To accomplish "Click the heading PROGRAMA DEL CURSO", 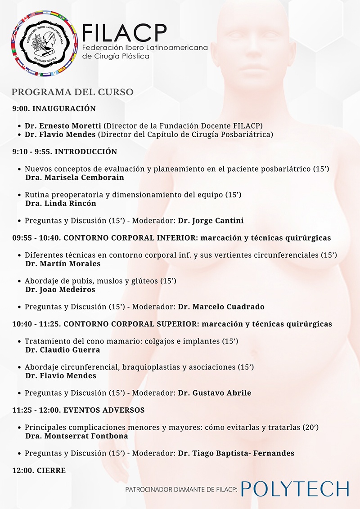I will tap(72, 92).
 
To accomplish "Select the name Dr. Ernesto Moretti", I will tap(63, 126).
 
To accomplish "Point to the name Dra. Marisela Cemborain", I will tap(75, 177).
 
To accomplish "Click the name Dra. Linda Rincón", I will tap(61, 203).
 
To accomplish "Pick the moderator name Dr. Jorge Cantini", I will tap(211, 220).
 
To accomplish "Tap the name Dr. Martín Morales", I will tap(63, 263).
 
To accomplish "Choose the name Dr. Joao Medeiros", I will tap(60, 290).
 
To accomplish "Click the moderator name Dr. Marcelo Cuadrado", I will tap(221, 307).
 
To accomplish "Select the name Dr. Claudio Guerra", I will tap(63, 350).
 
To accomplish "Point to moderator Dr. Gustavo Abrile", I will tap(215, 393).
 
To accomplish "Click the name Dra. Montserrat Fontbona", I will tap(76, 436).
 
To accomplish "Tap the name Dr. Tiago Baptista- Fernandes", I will tap(236, 453).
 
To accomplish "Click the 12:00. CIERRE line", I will tap(39, 470).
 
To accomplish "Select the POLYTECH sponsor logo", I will tap(295, 489).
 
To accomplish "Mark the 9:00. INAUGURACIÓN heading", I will tap(54, 108).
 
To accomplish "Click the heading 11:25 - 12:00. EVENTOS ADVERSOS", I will tap(78, 410).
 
